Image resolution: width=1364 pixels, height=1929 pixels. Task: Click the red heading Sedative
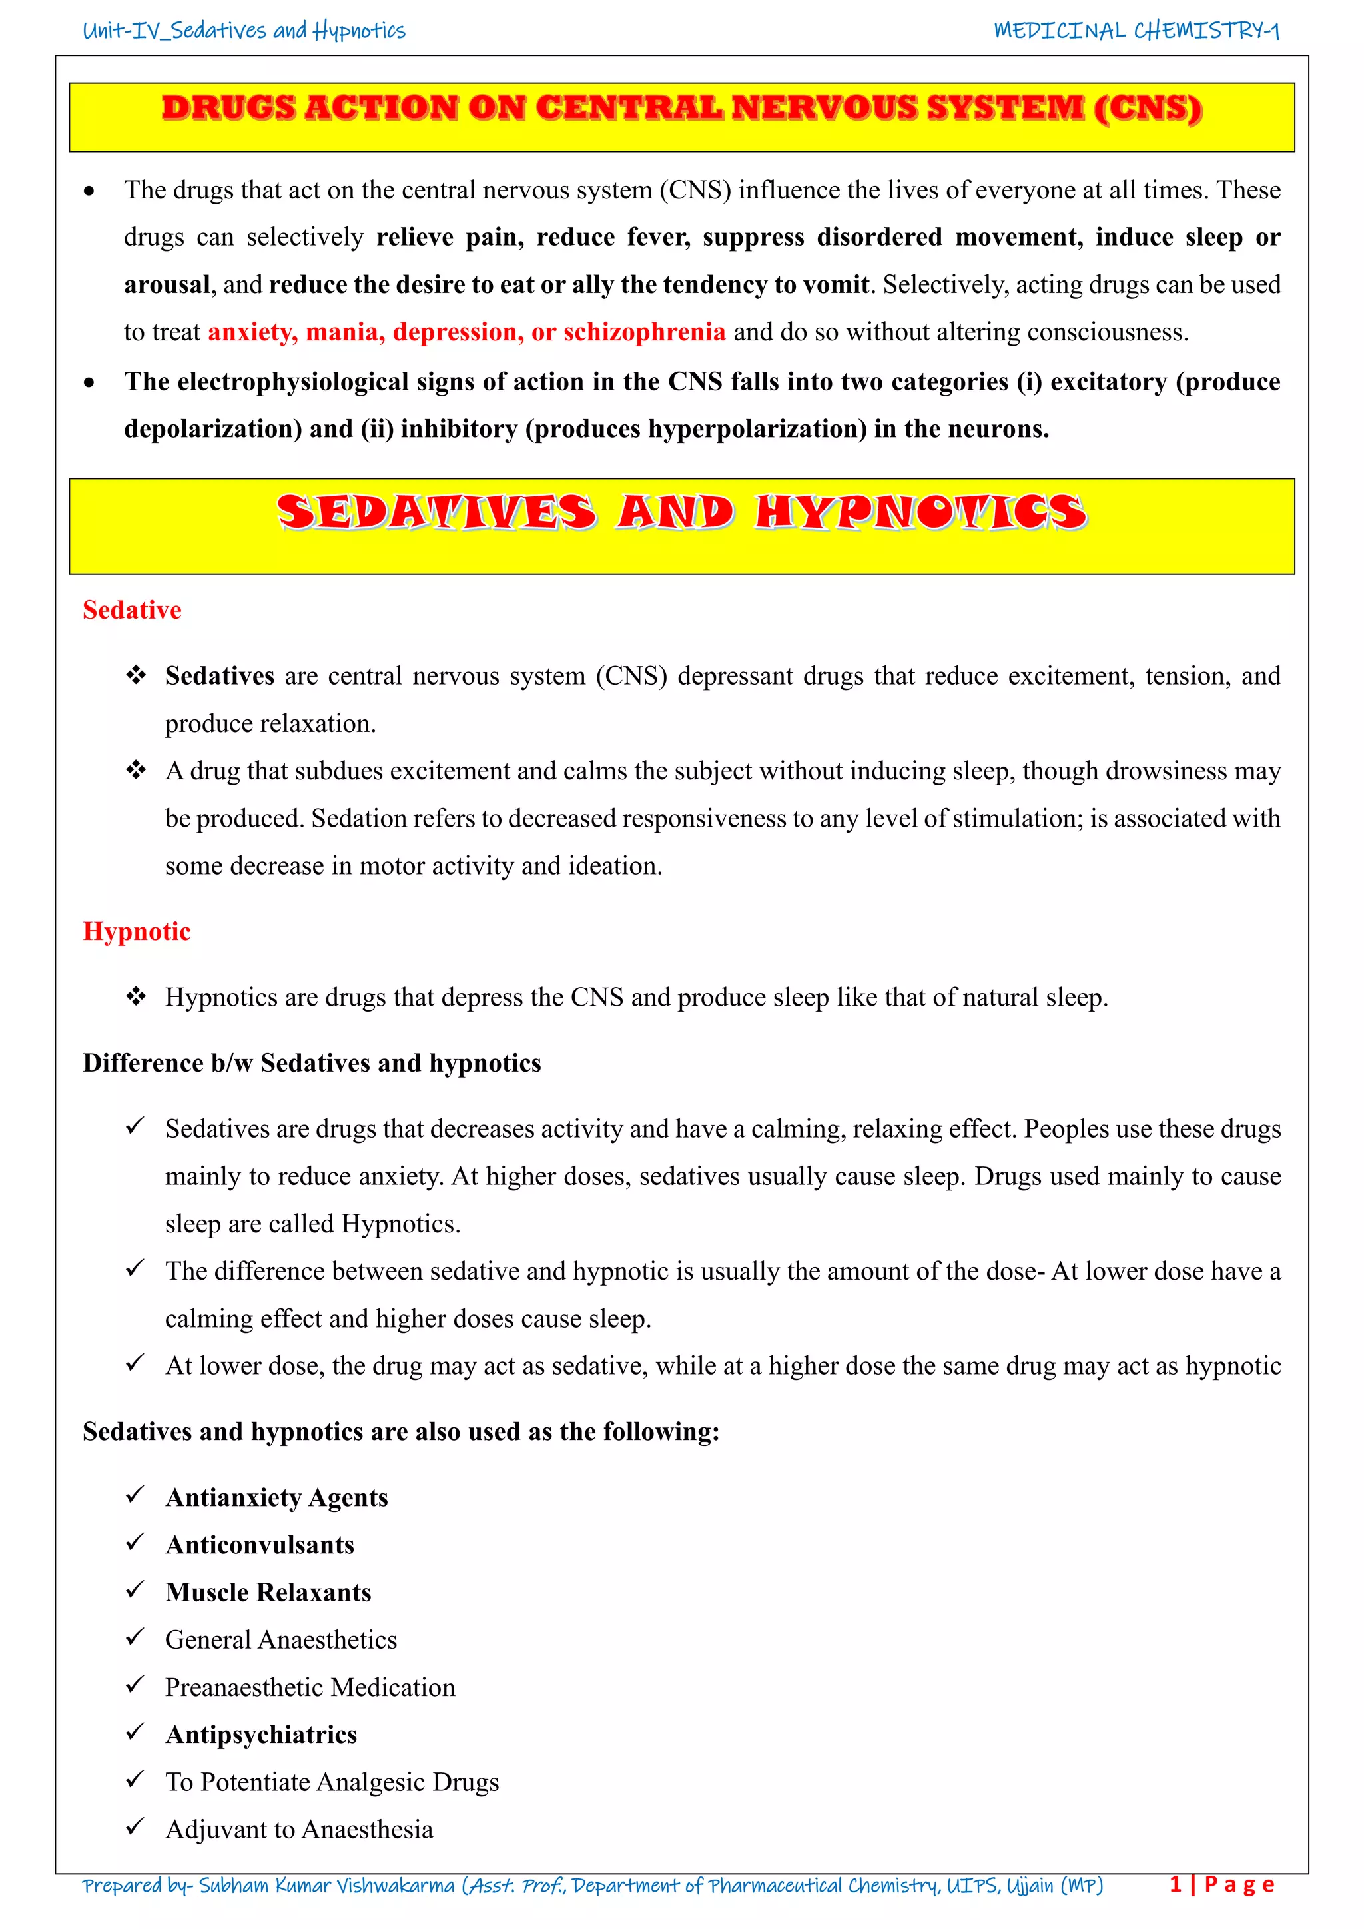[132, 610]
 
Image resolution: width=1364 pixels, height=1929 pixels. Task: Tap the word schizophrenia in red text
[643, 332]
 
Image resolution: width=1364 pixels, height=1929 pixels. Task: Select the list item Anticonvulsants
[260, 1545]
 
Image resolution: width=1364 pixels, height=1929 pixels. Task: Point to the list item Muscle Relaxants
[268, 1592]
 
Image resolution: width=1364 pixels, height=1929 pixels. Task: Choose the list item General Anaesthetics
[280, 1639]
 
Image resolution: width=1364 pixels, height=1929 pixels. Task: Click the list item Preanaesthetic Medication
[310, 1687]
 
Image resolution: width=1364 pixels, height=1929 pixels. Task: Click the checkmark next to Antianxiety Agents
[135, 1495]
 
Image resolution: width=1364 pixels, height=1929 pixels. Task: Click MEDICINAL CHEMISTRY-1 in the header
[1136, 31]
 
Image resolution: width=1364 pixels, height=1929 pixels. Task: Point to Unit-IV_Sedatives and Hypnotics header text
[244, 31]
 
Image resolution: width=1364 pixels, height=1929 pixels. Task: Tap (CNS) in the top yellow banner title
[1148, 109]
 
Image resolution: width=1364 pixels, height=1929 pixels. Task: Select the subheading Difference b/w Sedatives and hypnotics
[312, 1063]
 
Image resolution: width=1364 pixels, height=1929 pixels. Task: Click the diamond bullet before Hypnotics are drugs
[135, 996]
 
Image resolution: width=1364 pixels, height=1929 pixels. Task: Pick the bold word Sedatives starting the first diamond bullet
[219, 675]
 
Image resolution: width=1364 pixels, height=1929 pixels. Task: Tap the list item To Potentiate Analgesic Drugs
[332, 1782]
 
